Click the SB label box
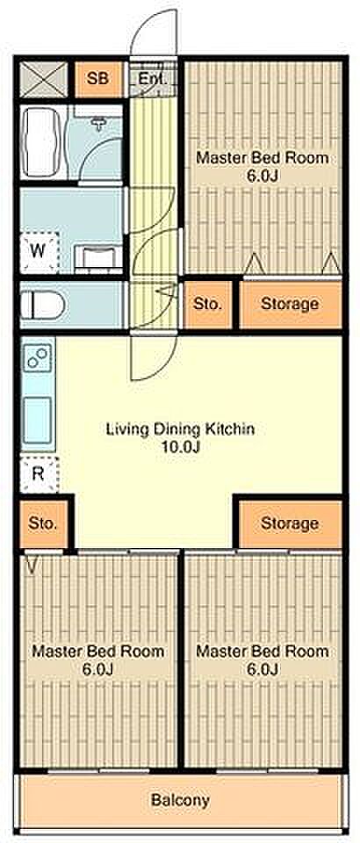coord(98,79)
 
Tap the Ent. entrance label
coord(152,80)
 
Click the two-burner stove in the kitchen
coord(38,358)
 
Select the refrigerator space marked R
coord(39,474)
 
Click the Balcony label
coord(180,799)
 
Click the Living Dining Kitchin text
coord(180,429)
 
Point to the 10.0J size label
coord(180,447)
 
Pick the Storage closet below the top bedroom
coord(290,304)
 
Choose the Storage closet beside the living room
coord(290,523)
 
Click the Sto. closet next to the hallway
coord(207,304)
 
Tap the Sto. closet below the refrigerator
coord(43,523)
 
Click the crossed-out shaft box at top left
coord(44,79)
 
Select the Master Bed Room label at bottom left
coord(97,651)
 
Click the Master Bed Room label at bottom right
coord(263,651)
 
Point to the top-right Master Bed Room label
coord(263,158)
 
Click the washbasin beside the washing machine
coord(97,256)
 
